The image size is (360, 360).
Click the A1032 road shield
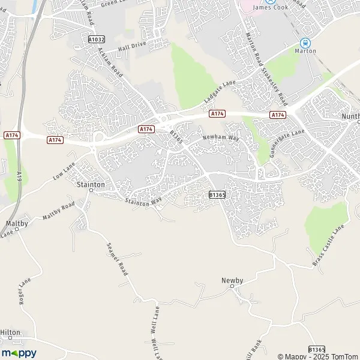(96, 39)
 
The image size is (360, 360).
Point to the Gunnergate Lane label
(287, 142)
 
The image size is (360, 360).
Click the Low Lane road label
(65, 172)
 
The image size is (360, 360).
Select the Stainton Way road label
(144, 203)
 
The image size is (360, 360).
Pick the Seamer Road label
(118, 259)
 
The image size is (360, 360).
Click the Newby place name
(232, 280)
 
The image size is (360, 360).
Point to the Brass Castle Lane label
(329, 246)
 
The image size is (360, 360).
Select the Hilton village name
(10, 332)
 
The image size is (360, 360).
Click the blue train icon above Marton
(305, 43)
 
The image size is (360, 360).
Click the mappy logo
(19, 353)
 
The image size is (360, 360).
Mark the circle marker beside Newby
(232, 287)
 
